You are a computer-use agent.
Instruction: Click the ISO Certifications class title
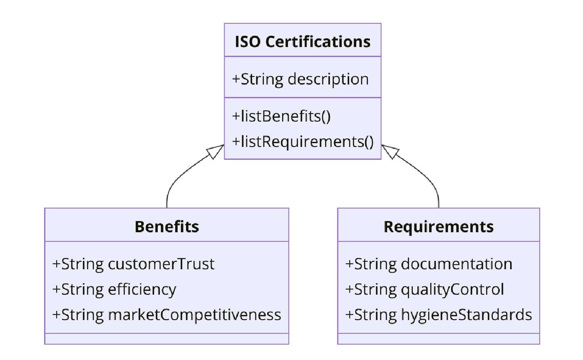pos(303,42)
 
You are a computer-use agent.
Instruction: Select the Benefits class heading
pos(167,226)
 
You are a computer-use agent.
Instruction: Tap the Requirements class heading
pos(439,226)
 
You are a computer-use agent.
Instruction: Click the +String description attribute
pos(300,79)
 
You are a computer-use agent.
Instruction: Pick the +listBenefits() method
pos(281,116)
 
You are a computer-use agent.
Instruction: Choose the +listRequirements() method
pos(303,142)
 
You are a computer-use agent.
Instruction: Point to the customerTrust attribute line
pos(134,264)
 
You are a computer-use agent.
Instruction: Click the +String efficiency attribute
pos(114,289)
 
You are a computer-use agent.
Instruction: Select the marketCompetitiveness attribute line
pos(166,315)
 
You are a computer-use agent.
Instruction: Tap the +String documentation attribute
pos(429,264)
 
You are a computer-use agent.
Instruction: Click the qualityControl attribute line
pos(424,289)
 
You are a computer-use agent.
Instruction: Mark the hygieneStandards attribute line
pos(439,315)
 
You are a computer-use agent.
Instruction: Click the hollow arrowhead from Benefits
pos(216,151)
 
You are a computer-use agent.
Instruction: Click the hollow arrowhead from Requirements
pos(390,151)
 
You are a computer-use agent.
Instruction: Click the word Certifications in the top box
pos(318,42)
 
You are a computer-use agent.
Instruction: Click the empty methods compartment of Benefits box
pos(167,338)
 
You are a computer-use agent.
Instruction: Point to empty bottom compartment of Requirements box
pos(439,338)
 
